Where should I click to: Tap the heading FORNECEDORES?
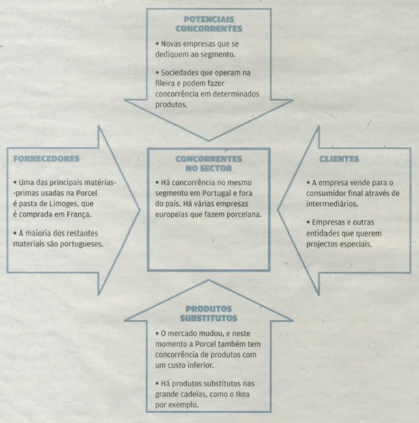pos(44,160)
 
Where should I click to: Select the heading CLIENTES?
pos(340,160)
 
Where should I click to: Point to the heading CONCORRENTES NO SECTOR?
pos(209,164)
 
